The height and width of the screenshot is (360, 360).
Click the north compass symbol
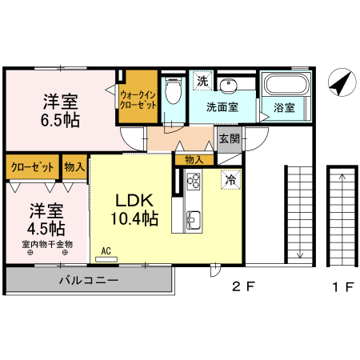click(x=342, y=82)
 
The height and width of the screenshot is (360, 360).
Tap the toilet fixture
click(x=174, y=90)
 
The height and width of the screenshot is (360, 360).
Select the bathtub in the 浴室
click(x=286, y=84)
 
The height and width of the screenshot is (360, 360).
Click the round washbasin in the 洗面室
click(x=229, y=86)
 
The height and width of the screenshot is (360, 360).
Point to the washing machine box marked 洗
click(x=202, y=81)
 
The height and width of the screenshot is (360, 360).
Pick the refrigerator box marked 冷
click(x=230, y=179)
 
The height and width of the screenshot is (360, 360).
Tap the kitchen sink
click(x=194, y=220)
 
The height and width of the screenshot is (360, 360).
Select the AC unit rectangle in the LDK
click(x=106, y=259)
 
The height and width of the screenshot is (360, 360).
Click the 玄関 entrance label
click(x=230, y=138)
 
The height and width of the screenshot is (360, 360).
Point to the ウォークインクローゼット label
click(x=138, y=100)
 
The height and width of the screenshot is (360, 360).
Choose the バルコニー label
click(x=89, y=280)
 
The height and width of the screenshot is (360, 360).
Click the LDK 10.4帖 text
click(x=134, y=210)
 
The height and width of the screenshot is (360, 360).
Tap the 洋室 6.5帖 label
click(x=60, y=110)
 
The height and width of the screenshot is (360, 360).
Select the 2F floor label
click(x=243, y=286)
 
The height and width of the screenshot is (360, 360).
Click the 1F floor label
click(x=343, y=287)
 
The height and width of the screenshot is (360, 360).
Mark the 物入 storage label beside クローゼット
click(x=74, y=167)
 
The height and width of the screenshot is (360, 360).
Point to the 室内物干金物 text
click(x=47, y=244)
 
